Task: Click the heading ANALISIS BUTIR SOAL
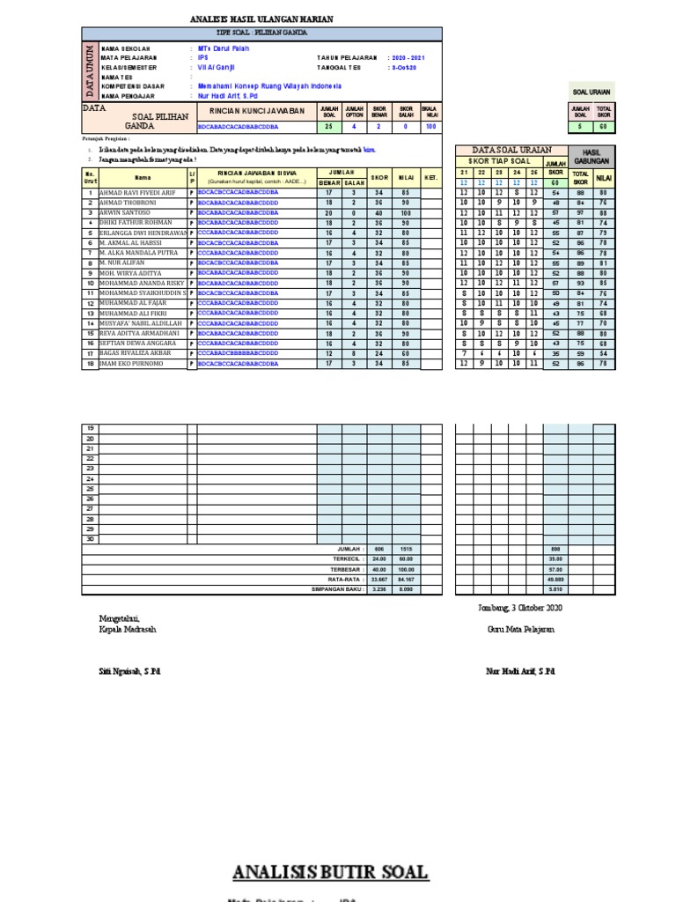click(x=330, y=873)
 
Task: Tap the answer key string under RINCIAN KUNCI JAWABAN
click(x=239, y=126)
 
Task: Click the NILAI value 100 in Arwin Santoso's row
click(x=406, y=212)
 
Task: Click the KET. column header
click(x=431, y=177)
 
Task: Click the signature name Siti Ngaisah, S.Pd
click(x=129, y=671)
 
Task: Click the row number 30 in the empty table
click(x=90, y=538)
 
